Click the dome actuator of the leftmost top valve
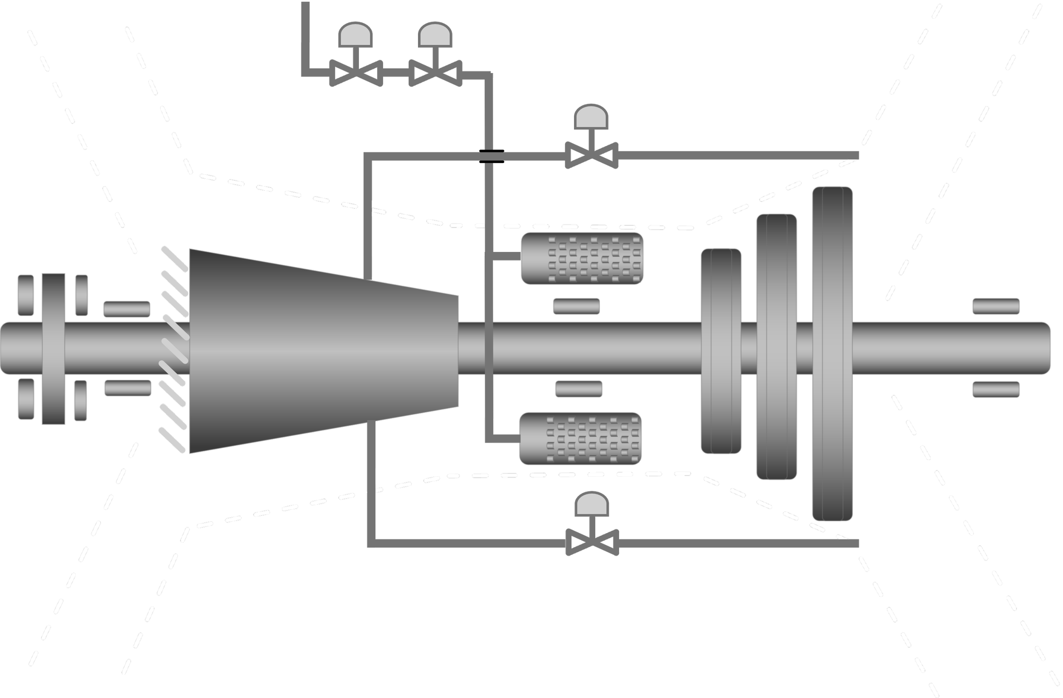355,35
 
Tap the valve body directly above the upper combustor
591,156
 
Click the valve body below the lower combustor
592,543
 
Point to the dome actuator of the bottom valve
592,504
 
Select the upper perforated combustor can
582,258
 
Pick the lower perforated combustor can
580,439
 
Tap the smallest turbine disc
720,351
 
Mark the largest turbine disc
832,353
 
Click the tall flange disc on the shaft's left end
54,353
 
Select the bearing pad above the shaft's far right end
996,306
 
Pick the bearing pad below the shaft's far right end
996,390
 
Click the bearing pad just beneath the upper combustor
576,307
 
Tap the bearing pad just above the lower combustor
578,389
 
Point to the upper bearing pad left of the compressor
126,309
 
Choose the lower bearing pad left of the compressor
128,388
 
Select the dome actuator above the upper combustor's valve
591,117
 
